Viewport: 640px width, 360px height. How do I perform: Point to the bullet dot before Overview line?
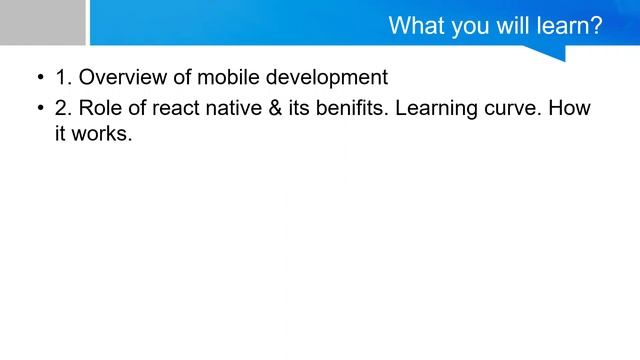(40, 78)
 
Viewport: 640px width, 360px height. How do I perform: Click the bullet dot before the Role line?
(40, 108)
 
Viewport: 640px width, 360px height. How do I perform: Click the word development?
(326, 78)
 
